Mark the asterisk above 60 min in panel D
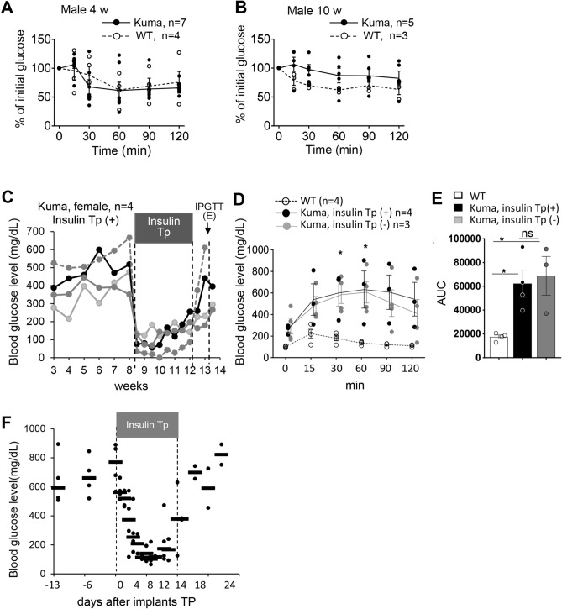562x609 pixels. tap(365, 247)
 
